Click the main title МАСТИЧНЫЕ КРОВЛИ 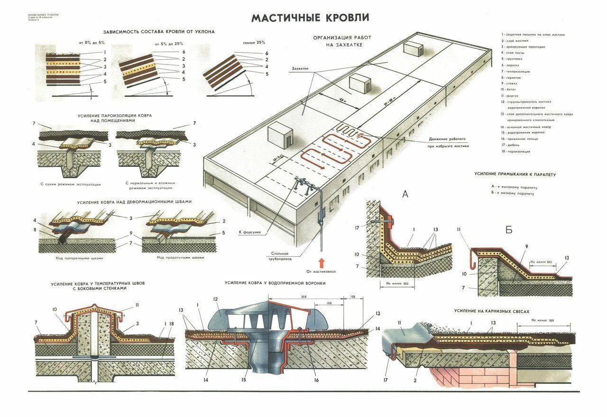tap(310, 18)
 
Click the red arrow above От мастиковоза tap(321, 263)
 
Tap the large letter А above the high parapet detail tap(405, 194)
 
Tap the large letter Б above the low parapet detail tap(509, 231)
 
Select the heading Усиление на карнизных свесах tap(491, 311)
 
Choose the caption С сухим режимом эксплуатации tap(70, 184)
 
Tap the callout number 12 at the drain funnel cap tap(215, 299)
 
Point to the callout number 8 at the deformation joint tap(35, 230)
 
